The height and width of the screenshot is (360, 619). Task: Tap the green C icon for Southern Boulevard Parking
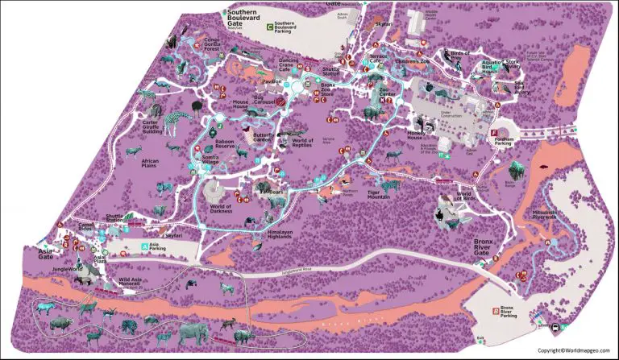[268, 27]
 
